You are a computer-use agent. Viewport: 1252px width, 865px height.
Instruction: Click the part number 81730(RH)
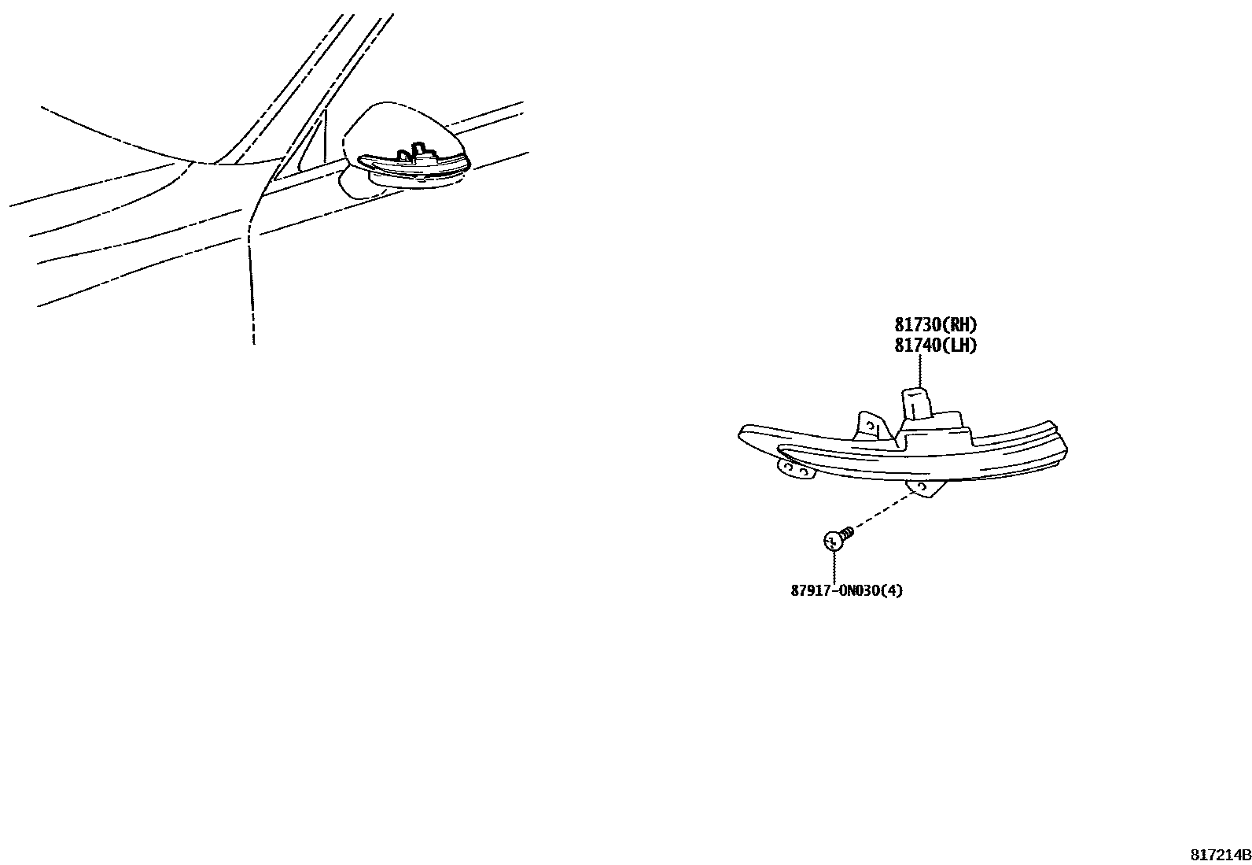(935, 324)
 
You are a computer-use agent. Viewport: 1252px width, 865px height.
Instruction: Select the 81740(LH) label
(935, 345)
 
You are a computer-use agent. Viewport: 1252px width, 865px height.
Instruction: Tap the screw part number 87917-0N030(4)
(846, 590)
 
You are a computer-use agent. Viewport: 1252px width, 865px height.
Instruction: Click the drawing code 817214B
(1219, 854)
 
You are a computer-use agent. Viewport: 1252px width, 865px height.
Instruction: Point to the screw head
(832, 541)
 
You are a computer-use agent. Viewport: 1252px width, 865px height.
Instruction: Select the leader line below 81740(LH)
(919, 369)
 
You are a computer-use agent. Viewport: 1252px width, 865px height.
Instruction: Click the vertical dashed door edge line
(250, 291)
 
